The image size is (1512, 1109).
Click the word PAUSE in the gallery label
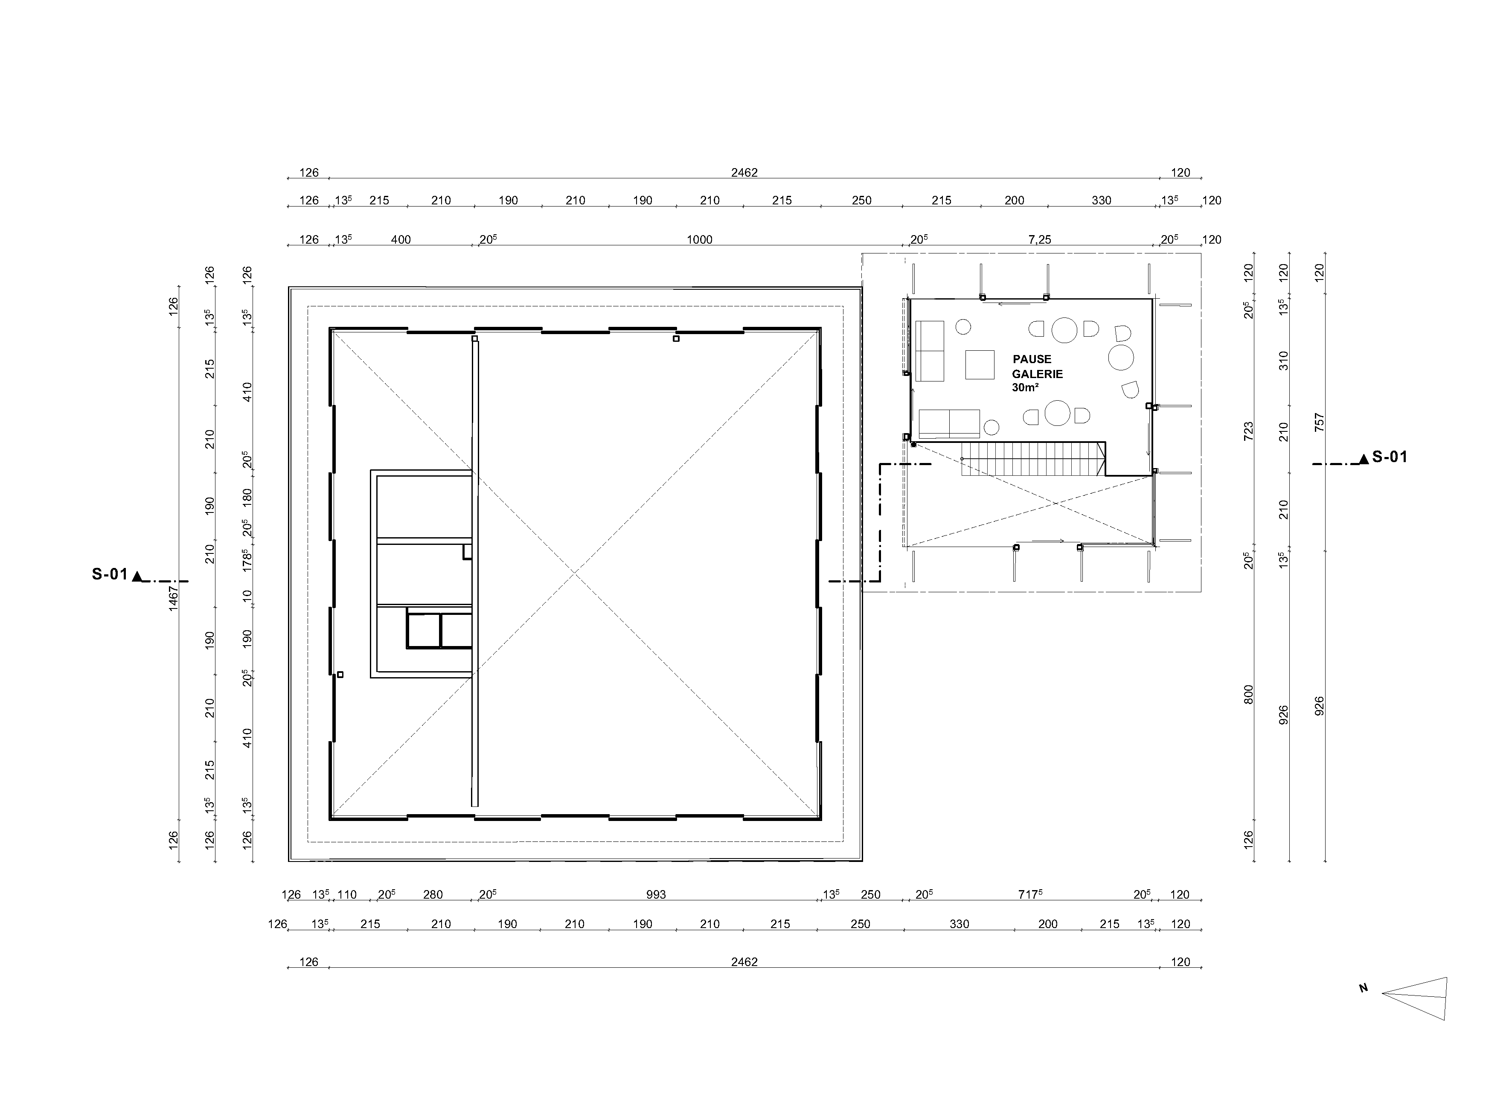pyautogui.click(x=1032, y=359)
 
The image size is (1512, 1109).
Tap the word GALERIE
pyautogui.click(x=1038, y=374)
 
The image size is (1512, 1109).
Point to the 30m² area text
pyautogui.click(x=1026, y=387)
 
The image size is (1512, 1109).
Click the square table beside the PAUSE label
pyautogui.click(x=980, y=364)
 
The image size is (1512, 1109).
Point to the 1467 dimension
pyautogui.click(x=173, y=598)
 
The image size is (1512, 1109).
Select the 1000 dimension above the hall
pyautogui.click(x=699, y=240)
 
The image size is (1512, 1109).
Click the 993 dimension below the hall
pyautogui.click(x=656, y=894)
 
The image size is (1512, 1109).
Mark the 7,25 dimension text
pyautogui.click(x=1040, y=240)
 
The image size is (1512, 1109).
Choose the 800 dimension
pyautogui.click(x=1248, y=695)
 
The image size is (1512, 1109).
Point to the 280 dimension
pyautogui.click(x=433, y=894)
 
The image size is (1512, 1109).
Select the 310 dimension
pyautogui.click(x=1284, y=361)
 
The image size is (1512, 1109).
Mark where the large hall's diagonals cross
pyautogui.click(x=575, y=574)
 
